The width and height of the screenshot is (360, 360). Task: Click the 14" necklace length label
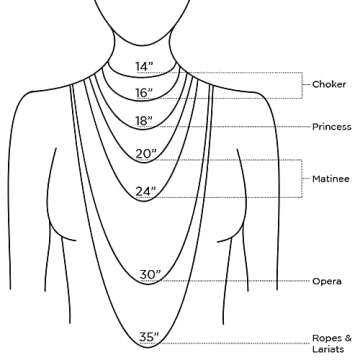coord(145,67)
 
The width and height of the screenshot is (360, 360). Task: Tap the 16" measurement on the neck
coord(145,94)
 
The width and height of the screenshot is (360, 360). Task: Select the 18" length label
coord(145,122)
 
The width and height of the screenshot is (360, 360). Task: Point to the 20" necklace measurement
coord(146,154)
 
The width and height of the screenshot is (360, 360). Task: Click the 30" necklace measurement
coord(150,275)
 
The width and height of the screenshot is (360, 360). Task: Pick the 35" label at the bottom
coord(150,337)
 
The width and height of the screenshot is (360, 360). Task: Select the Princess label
coord(333,127)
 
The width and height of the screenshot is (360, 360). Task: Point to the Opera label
coord(326,282)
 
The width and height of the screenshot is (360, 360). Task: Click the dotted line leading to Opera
coord(240,282)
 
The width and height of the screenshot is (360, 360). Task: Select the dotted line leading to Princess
coord(240,127)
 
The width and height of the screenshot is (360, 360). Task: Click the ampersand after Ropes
coord(347,336)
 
